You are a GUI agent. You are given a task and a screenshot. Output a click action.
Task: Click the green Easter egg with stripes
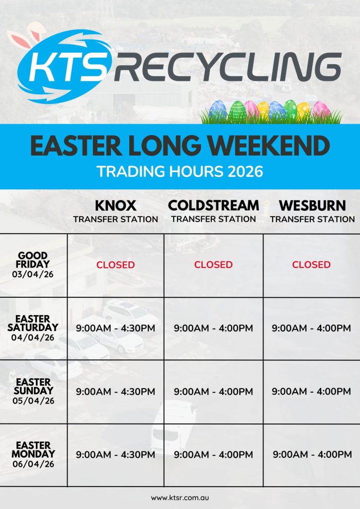click(238, 111)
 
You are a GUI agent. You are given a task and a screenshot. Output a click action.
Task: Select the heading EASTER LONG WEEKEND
click(180, 146)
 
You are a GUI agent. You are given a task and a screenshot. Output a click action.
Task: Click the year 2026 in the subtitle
click(245, 171)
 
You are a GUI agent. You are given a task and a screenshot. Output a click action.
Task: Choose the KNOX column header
click(115, 205)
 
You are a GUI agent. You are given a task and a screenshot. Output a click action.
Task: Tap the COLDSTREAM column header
click(214, 205)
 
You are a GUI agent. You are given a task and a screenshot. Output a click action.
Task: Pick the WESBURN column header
click(312, 205)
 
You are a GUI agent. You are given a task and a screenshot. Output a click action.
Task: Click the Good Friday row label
click(33, 264)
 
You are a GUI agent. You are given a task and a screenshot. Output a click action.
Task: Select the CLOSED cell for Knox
click(115, 264)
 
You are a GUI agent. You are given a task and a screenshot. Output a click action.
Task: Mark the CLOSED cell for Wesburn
click(311, 264)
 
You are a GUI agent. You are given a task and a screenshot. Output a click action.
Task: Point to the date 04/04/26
click(33, 338)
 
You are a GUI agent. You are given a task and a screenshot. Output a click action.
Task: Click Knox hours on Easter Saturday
click(115, 328)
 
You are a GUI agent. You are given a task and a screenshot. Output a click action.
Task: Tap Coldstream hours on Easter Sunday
click(213, 392)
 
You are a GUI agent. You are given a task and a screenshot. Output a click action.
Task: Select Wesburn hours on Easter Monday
click(312, 454)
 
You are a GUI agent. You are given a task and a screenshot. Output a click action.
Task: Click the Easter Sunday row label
click(33, 391)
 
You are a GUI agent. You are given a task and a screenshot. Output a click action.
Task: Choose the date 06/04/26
click(33, 464)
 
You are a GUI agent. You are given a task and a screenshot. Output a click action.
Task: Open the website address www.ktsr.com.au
click(180, 498)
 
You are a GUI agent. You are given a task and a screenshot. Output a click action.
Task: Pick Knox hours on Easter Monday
click(115, 454)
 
